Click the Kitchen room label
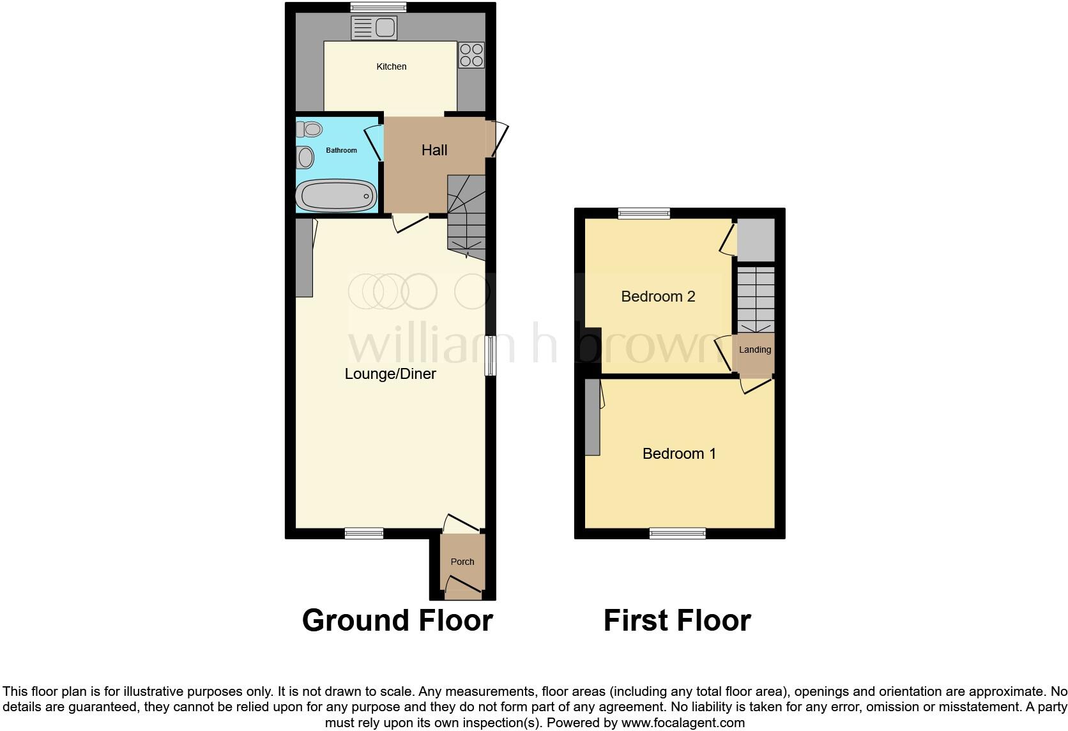click(x=391, y=66)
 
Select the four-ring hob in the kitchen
click(x=471, y=54)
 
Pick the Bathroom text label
click(x=341, y=150)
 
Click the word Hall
click(x=434, y=150)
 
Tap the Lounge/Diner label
click(x=390, y=374)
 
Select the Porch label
click(x=462, y=562)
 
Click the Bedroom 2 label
click(x=658, y=296)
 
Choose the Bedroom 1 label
click(x=679, y=454)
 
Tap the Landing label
click(x=755, y=350)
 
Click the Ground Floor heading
click(x=397, y=620)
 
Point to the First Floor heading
click(x=677, y=620)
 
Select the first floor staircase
click(x=756, y=299)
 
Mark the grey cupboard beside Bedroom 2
click(x=756, y=240)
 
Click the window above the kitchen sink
click(x=378, y=8)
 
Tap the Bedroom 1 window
click(x=678, y=533)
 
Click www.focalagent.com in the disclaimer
click(x=683, y=723)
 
